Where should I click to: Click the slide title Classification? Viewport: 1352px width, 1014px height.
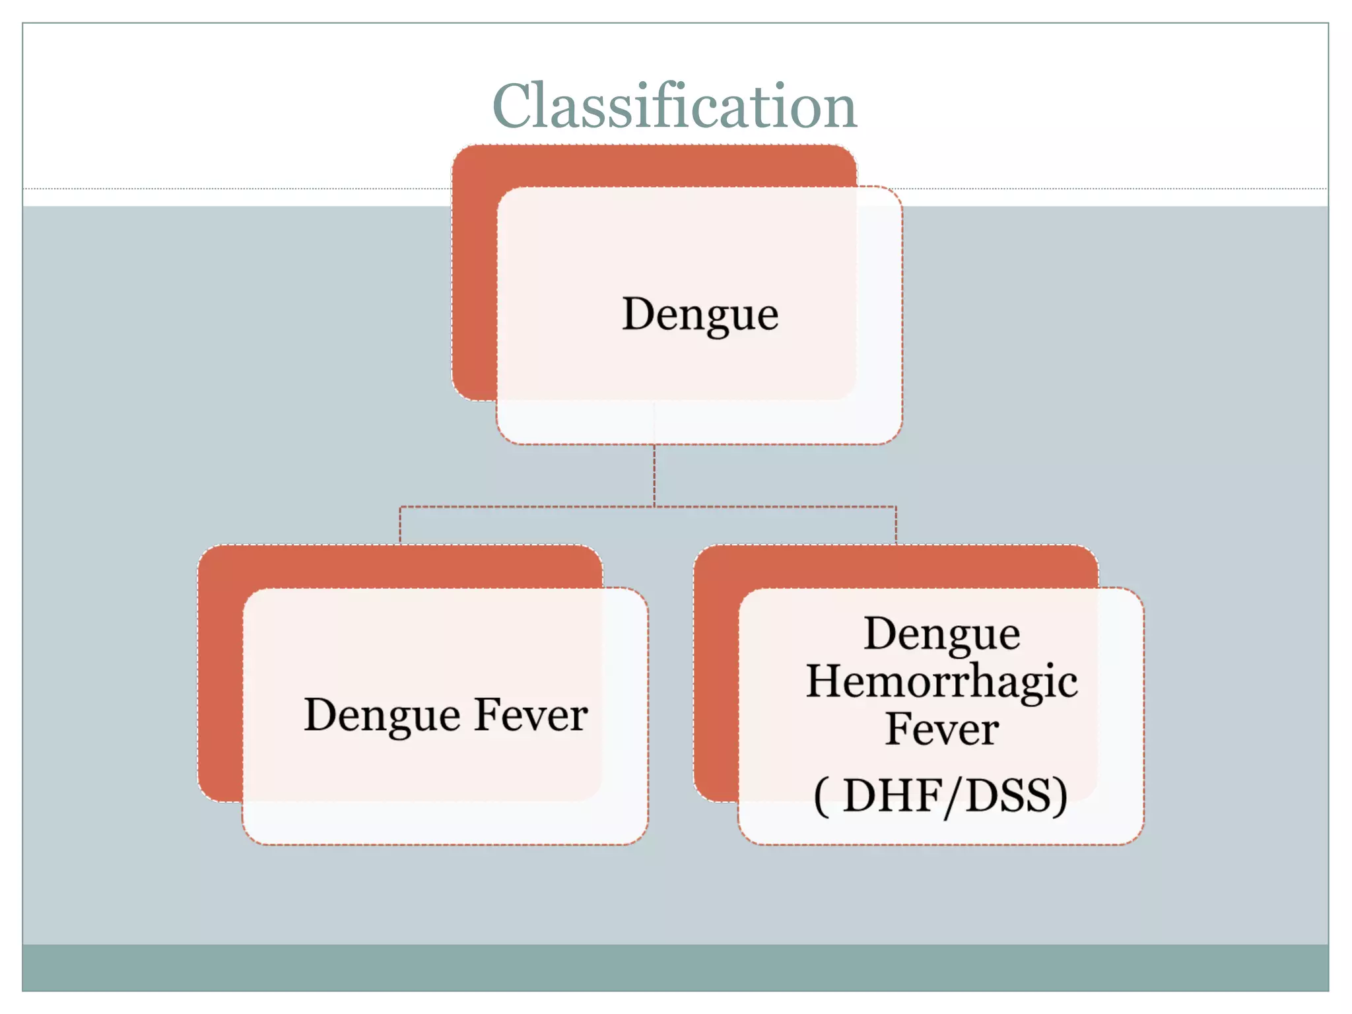click(x=674, y=107)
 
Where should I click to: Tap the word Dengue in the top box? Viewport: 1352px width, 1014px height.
click(x=700, y=314)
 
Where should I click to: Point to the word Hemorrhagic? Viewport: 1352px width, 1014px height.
click(x=941, y=682)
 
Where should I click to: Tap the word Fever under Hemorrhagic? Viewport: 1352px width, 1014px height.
click(x=941, y=729)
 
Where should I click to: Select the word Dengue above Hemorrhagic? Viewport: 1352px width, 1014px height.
click(x=941, y=634)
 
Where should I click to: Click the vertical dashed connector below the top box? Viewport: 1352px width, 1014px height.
click(x=654, y=475)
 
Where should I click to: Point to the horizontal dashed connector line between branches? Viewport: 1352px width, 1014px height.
click(x=528, y=507)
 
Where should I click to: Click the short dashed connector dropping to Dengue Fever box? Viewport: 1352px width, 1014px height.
click(x=400, y=525)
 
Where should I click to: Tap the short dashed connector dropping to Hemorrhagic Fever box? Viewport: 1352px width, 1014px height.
click(x=896, y=525)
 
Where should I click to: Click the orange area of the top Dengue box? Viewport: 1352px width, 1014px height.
click(x=474, y=277)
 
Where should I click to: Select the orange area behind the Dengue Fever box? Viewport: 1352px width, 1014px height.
click(x=220, y=673)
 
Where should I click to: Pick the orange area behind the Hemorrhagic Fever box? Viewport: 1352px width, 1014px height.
click(x=716, y=673)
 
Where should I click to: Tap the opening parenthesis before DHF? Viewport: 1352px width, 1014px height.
click(x=821, y=797)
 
